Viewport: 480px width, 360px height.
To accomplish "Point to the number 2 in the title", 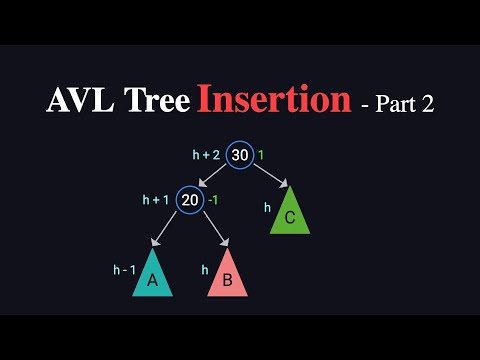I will pos(428,103).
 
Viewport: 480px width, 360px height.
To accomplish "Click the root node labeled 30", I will pos(239,156).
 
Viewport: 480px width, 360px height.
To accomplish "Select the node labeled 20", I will pos(190,201).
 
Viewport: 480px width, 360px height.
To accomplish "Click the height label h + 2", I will pos(207,156).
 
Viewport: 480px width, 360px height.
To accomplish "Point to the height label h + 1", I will pos(158,201).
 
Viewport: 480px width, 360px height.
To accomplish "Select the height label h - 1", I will pos(124,270).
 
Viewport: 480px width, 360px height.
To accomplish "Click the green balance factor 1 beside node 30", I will pos(262,156).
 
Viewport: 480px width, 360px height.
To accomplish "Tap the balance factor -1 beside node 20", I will pos(214,201).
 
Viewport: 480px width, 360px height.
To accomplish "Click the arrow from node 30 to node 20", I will pos(215,177).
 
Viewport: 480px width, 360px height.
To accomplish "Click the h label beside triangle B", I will pos(205,270).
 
